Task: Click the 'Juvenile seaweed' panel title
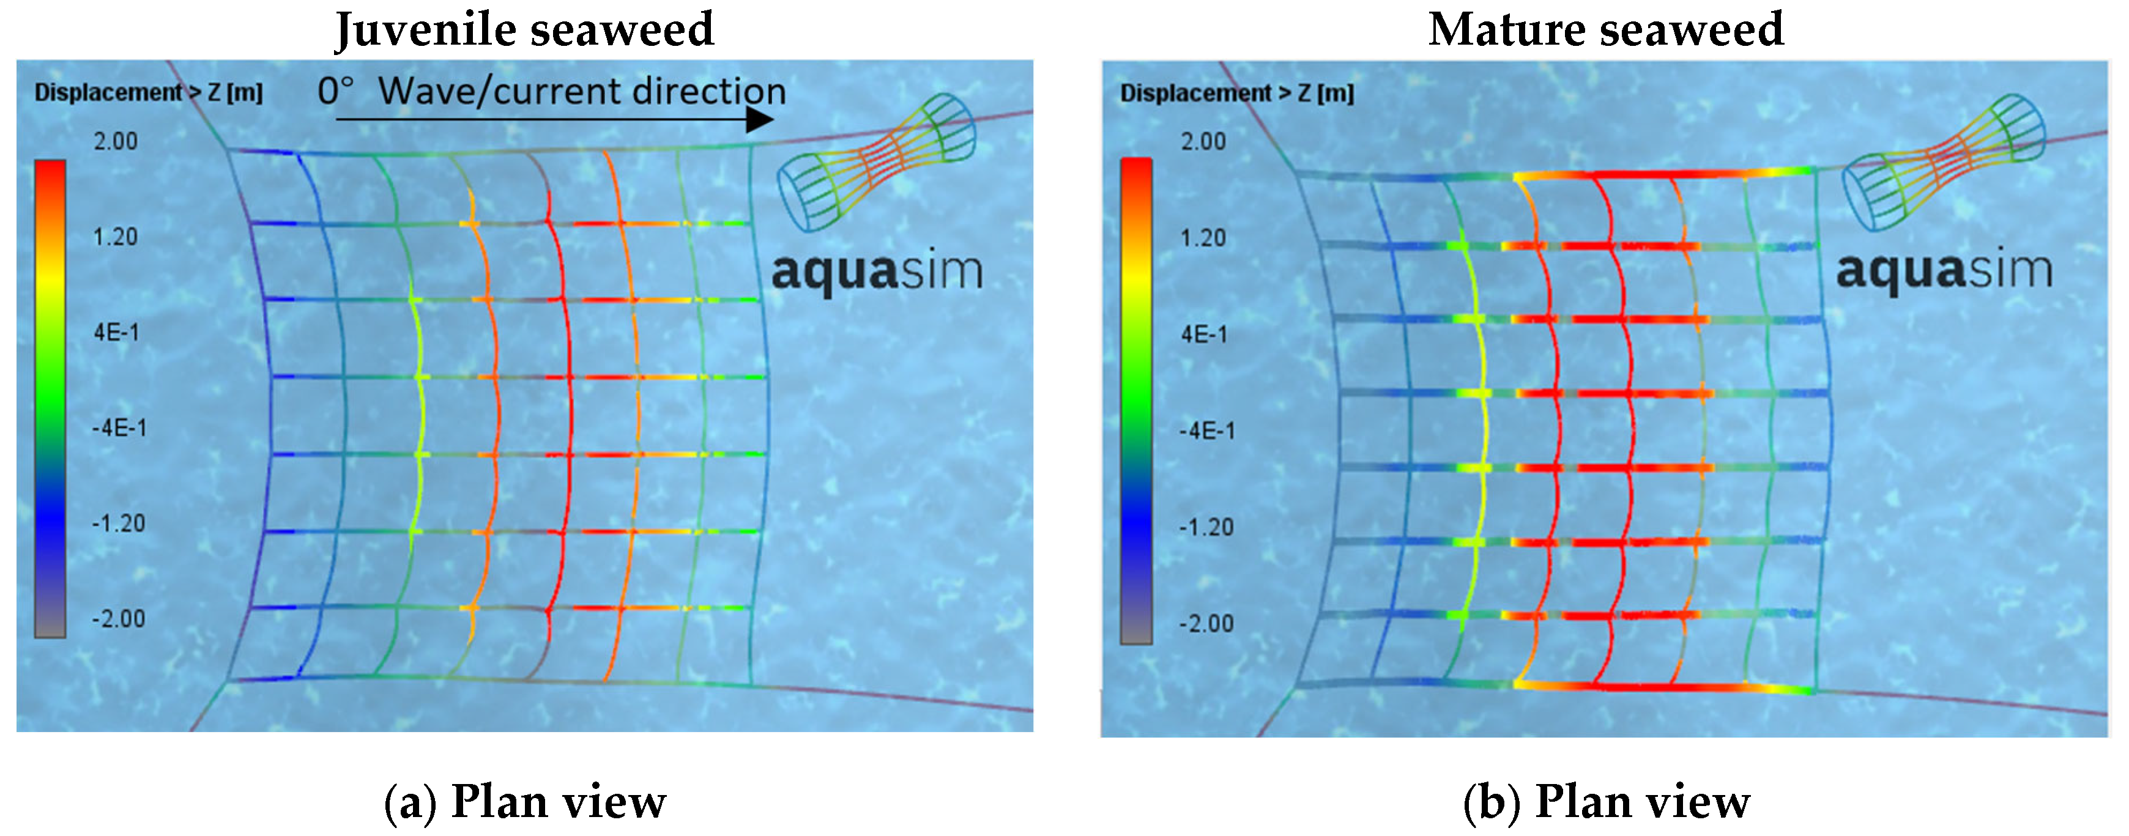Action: coord(524,30)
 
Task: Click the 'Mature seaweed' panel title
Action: coord(1605,30)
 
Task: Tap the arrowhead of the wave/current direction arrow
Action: coord(759,120)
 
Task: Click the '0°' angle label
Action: coord(335,91)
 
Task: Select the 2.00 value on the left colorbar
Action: coord(116,141)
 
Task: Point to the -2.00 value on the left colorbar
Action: coord(118,619)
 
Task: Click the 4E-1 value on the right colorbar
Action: coord(1204,335)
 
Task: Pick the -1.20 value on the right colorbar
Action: coord(1206,527)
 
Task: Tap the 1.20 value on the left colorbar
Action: coord(116,237)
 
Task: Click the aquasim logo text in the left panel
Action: coord(877,270)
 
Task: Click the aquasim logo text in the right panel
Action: coord(1944,270)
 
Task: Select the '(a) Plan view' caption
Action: coord(525,801)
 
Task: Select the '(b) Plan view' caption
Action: coord(1606,801)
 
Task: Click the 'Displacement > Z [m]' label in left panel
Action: coord(149,92)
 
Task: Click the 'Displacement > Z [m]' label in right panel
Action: coord(1236,94)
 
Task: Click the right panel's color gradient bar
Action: coord(1135,401)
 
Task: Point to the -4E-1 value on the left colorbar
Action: coord(119,428)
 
